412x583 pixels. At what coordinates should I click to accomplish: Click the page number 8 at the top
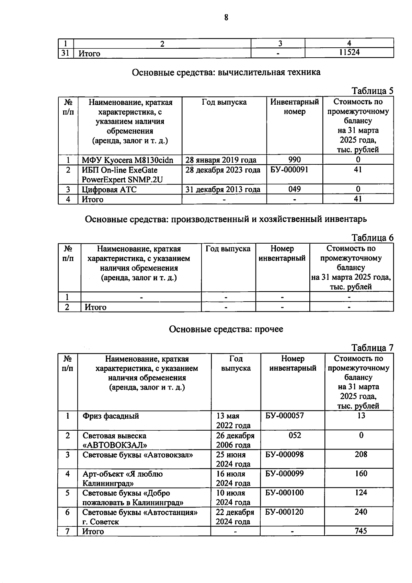click(226, 18)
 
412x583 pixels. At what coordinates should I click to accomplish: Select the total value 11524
click(349, 53)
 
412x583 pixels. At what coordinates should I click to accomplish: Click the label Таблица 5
click(373, 91)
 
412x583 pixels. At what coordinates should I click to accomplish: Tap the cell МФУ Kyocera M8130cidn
click(127, 160)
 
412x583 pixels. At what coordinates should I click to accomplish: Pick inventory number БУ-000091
click(287, 170)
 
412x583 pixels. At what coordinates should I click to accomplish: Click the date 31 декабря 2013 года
click(223, 189)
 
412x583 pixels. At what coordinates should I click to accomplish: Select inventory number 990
click(295, 160)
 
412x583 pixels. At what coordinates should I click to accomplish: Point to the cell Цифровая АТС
click(109, 189)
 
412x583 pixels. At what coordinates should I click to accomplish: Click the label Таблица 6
click(373, 238)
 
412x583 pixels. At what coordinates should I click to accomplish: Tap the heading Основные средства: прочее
click(226, 329)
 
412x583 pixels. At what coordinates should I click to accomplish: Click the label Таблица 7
click(373, 348)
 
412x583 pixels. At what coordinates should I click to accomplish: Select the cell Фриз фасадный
click(111, 416)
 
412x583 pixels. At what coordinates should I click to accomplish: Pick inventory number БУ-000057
click(285, 416)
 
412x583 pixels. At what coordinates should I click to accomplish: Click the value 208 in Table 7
click(361, 454)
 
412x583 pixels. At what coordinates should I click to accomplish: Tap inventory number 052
click(295, 435)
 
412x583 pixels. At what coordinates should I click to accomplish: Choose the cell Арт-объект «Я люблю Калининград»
click(123, 478)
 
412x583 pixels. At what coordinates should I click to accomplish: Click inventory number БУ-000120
click(285, 512)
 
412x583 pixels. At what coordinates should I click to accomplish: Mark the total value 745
click(361, 531)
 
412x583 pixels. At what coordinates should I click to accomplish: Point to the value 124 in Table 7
click(361, 493)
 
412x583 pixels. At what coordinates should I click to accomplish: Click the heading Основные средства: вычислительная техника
click(226, 72)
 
